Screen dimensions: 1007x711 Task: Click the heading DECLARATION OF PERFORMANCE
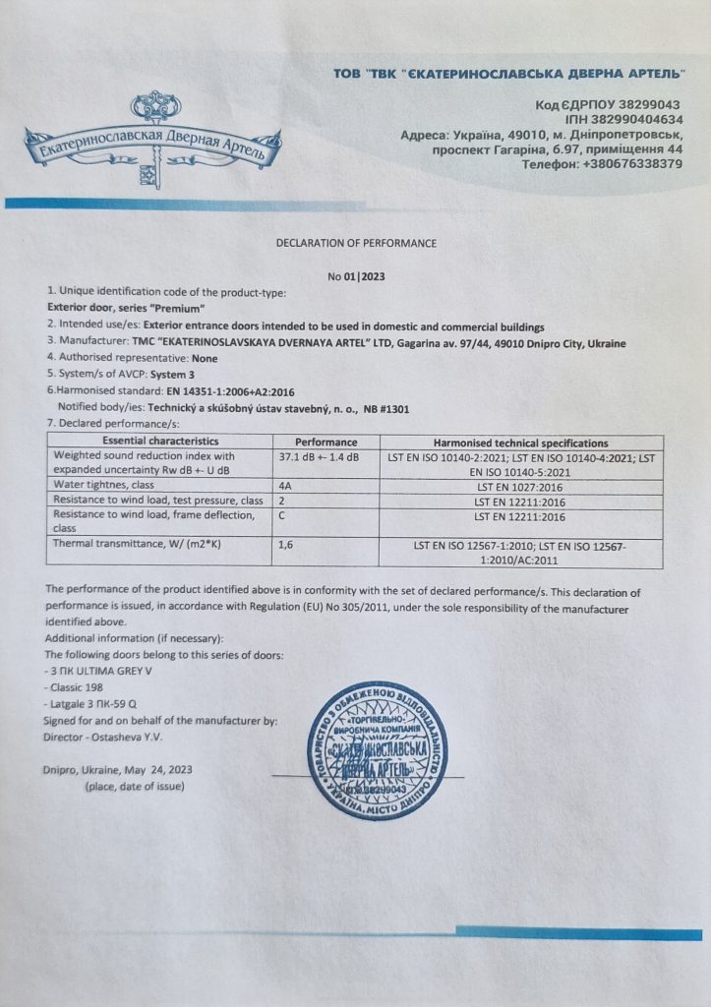[355, 243]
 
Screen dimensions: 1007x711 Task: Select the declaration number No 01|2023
[356, 276]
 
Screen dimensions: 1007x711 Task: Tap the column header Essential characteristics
[160, 443]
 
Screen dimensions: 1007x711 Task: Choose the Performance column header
[326, 443]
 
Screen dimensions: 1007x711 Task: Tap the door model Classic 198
[78, 686]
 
